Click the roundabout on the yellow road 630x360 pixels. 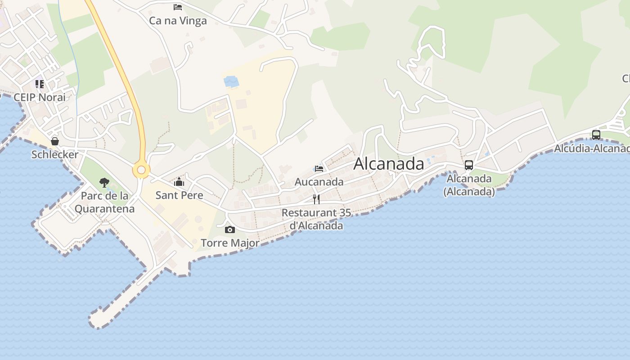pos(141,170)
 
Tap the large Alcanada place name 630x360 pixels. pos(388,164)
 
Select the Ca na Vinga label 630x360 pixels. pos(178,21)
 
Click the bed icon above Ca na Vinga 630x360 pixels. pos(178,7)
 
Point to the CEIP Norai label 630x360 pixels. pos(40,97)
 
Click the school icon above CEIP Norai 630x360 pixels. pos(40,84)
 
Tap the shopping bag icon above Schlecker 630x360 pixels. pos(55,141)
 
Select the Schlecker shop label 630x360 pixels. pos(55,154)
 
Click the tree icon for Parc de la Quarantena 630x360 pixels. pos(104,183)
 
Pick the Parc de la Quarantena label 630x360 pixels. pos(104,202)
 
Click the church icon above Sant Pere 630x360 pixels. pos(179,182)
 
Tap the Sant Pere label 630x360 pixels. pos(179,195)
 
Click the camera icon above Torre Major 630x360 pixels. pos(230,230)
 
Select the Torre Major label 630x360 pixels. pos(230,243)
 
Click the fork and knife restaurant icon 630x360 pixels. pos(316,199)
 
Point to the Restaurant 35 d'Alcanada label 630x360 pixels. pos(316,219)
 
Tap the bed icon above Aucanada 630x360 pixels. pos(319,169)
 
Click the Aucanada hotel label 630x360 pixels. pos(319,182)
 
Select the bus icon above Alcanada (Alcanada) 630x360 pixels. pos(469,165)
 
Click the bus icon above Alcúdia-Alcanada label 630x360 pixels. pos(596,135)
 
